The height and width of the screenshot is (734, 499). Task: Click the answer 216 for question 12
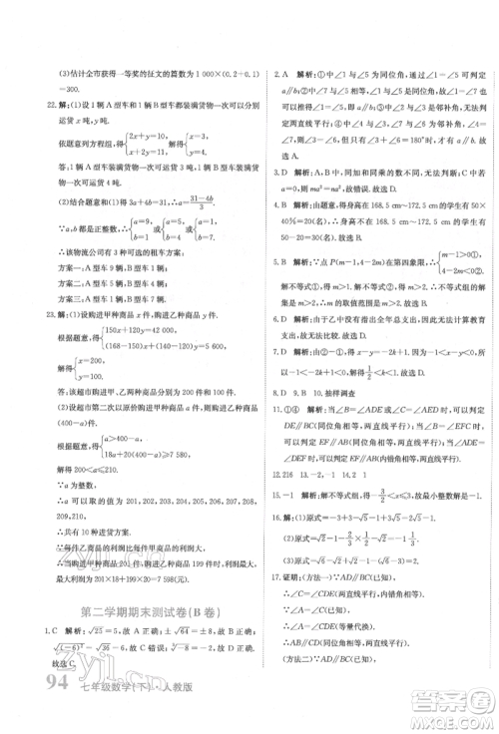(x=285, y=476)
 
